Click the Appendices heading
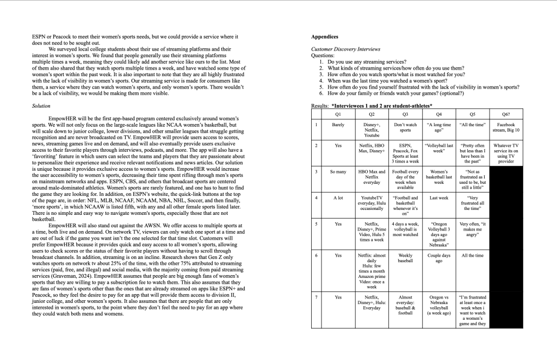coord(324,37)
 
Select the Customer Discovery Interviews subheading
coord(345,49)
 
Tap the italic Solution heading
coord(41,106)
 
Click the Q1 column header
coord(338,114)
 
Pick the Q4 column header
coord(439,114)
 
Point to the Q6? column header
coord(506,114)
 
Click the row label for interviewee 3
coord(316,172)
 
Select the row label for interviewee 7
coord(316,297)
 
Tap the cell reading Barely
coord(338,125)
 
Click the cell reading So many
coord(338,172)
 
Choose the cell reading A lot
coord(338,198)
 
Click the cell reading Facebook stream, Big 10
coord(506,128)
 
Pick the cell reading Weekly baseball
coord(405,258)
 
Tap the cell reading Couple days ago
coord(439,258)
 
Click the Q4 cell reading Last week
coord(439,198)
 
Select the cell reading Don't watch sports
coord(405,128)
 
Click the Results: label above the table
coord(320,105)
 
